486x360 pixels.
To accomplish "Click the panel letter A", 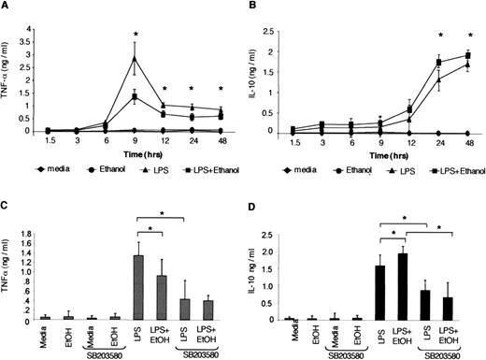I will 7,8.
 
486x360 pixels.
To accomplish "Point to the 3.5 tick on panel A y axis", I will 21,13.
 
